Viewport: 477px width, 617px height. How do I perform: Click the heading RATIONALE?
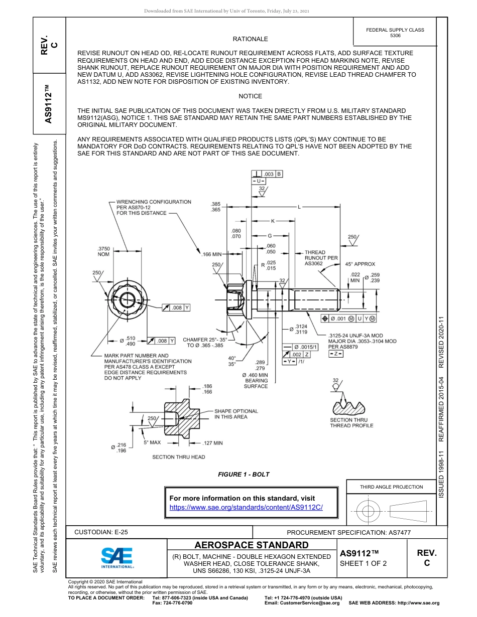250,39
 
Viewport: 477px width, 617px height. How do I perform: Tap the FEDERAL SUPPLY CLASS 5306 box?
395,33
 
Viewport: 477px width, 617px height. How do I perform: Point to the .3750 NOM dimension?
103,251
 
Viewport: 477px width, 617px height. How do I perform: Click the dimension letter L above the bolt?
299,207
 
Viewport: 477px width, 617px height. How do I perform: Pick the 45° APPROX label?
360,264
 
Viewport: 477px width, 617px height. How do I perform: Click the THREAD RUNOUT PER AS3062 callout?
321,258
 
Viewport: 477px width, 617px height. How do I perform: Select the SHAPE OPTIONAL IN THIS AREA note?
236,414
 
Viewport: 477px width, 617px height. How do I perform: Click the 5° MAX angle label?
152,442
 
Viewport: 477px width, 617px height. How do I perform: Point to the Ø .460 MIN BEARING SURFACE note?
256,380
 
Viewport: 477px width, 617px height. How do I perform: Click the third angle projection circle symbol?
369,511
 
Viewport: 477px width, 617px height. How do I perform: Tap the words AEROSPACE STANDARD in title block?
252,545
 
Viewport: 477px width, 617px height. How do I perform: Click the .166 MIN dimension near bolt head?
211,255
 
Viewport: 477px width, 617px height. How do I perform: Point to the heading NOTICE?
250,96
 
